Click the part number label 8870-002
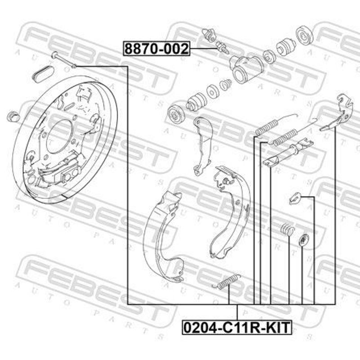pos(157,49)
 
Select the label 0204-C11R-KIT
pos(237,328)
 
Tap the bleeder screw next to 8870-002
pos(222,47)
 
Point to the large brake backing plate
pos(65,139)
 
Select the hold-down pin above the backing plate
pos(64,60)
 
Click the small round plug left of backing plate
pos(13,116)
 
